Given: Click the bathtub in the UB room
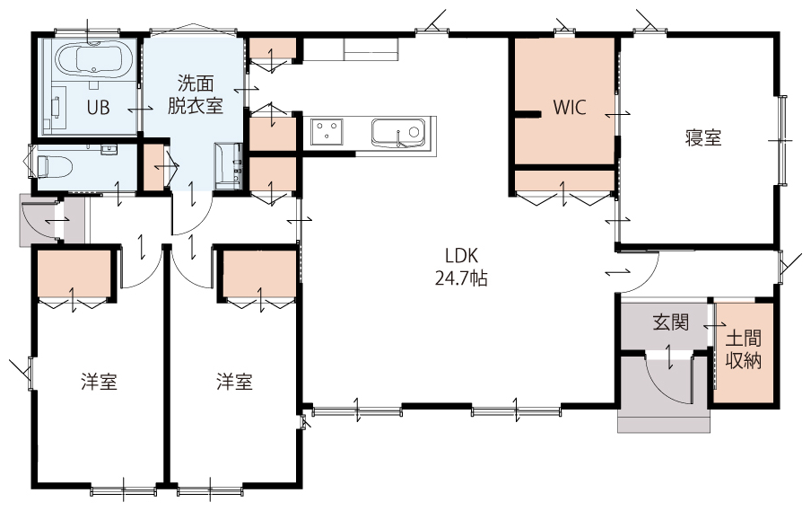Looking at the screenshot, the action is pyautogui.click(x=93, y=60).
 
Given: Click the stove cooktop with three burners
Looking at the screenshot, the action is pyautogui.click(x=327, y=132).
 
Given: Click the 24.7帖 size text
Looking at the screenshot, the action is pyautogui.click(x=461, y=278).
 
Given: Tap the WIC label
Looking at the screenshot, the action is pyautogui.click(x=570, y=107).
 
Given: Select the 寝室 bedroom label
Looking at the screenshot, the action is pyautogui.click(x=703, y=137).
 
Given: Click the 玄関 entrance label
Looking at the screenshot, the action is pyautogui.click(x=670, y=322).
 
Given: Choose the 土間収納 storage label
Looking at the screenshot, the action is pyautogui.click(x=743, y=350).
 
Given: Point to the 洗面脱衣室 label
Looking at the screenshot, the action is pyautogui.click(x=196, y=94).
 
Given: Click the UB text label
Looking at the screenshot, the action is pyautogui.click(x=98, y=108).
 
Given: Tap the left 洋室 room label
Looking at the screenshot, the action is pyautogui.click(x=99, y=382).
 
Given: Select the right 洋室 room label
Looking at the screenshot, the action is pyautogui.click(x=234, y=382).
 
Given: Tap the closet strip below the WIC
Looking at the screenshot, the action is pyautogui.click(x=564, y=181).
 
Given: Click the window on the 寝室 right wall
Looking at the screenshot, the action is pyautogui.click(x=783, y=140).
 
